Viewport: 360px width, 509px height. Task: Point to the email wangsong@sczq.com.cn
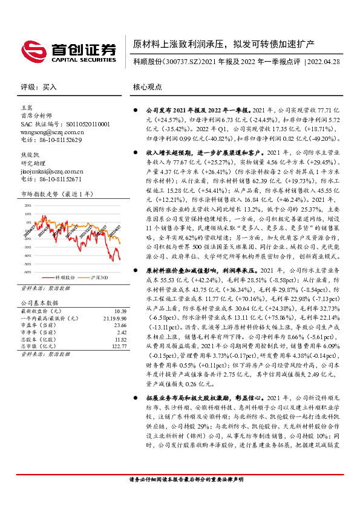(52, 131)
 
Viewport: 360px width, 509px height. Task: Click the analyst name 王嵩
(27, 107)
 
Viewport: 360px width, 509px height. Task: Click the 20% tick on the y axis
(28, 206)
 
